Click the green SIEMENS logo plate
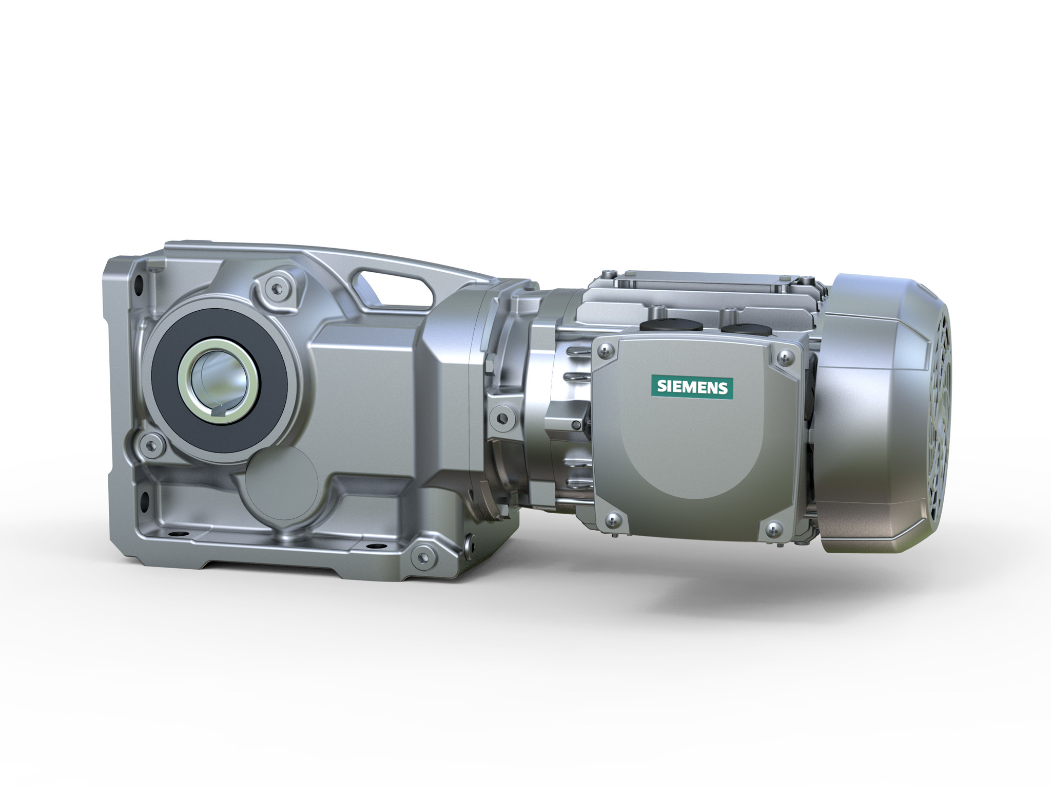click(x=692, y=387)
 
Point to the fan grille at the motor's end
click(x=935, y=411)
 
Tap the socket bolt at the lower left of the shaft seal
click(x=150, y=440)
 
